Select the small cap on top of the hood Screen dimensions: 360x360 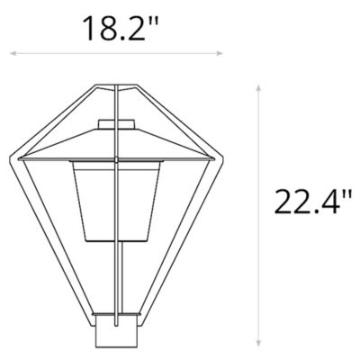pyautogui.click(x=116, y=124)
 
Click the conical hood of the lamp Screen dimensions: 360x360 pyautogui.click(x=116, y=144)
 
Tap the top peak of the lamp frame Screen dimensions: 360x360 pyautogui.click(x=116, y=82)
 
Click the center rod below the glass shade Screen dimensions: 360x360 pyautogui.click(x=116, y=279)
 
